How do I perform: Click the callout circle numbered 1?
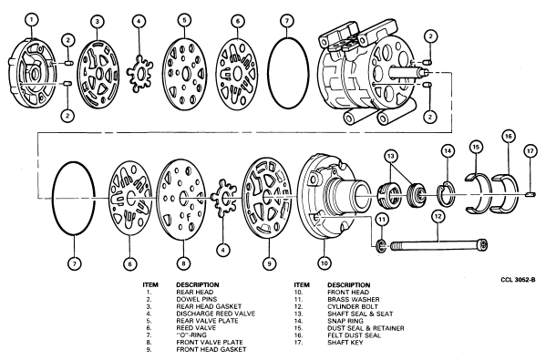click(x=32, y=19)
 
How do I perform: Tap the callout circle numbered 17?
click(x=530, y=151)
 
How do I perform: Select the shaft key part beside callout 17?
click(x=531, y=194)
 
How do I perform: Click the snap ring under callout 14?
click(x=446, y=194)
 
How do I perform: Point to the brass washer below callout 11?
click(x=382, y=245)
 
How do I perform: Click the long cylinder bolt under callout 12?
click(x=438, y=245)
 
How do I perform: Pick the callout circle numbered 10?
click(x=325, y=262)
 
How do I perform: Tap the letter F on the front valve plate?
click(x=189, y=218)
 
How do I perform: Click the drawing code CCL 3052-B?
click(x=518, y=280)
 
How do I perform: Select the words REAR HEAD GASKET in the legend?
click(x=209, y=306)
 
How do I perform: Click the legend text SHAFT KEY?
click(x=345, y=343)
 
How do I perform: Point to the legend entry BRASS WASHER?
click(x=354, y=300)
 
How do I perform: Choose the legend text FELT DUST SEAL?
click(x=354, y=335)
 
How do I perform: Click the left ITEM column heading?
click(x=150, y=284)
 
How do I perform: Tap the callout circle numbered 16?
click(x=509, y=136)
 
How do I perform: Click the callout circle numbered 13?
click(x=390, y=156)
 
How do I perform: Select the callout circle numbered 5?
click(x=184, y=20)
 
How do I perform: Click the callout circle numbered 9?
click(x=269, y=263)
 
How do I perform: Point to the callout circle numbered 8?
click(x=183, y=263)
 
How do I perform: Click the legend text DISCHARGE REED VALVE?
click(x=215, y=314)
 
